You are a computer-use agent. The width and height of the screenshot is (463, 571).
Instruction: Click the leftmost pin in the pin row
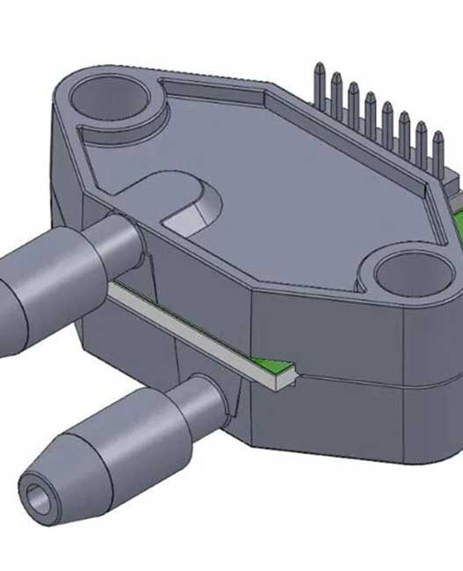[318, 84]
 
